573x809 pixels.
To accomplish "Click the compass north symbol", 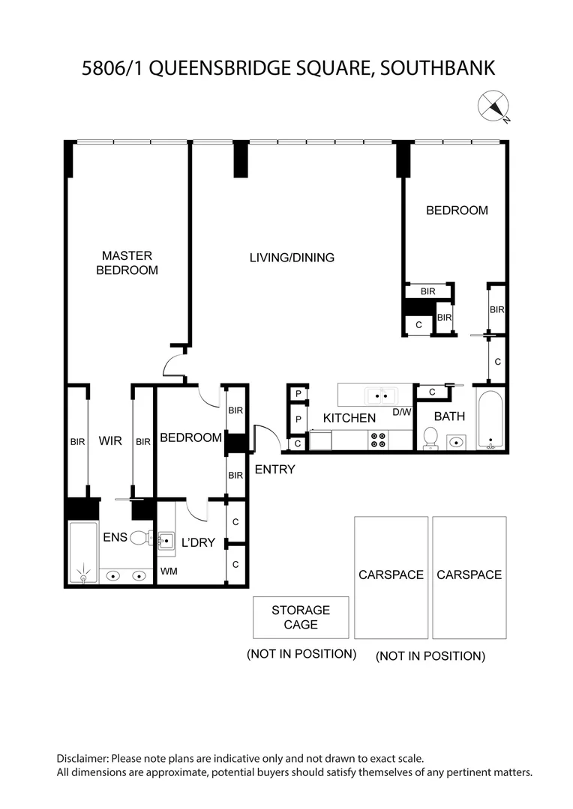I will pos(493,106).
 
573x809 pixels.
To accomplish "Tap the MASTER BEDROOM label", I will pos(127,263).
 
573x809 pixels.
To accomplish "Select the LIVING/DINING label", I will pos(292,258).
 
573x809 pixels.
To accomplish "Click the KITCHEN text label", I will pos(349,418).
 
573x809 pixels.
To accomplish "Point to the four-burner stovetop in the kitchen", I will pos(379,440).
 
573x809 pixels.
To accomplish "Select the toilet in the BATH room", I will pos(430,438).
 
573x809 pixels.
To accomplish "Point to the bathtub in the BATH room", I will pos(490,419).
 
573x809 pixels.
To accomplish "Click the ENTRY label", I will pos(274,470).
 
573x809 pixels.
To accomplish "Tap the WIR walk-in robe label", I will pos(110,441).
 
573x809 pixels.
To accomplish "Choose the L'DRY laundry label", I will pos(198,542).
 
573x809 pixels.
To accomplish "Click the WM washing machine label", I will pos(169,572).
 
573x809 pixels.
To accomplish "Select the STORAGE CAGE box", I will pos(301,617).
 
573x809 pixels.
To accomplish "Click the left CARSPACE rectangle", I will pos(391,577).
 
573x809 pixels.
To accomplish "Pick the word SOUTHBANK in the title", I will pos(438,69).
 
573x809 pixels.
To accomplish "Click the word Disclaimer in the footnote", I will pos(82,759).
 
